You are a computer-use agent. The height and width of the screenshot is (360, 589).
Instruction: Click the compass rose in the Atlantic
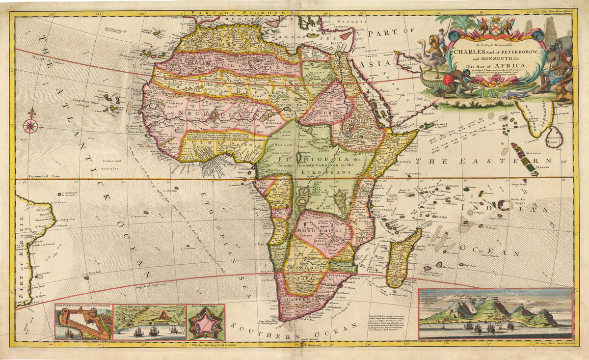tap(30, 126)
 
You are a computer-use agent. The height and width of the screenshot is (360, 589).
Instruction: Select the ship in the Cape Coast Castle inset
tap(68, 333)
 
